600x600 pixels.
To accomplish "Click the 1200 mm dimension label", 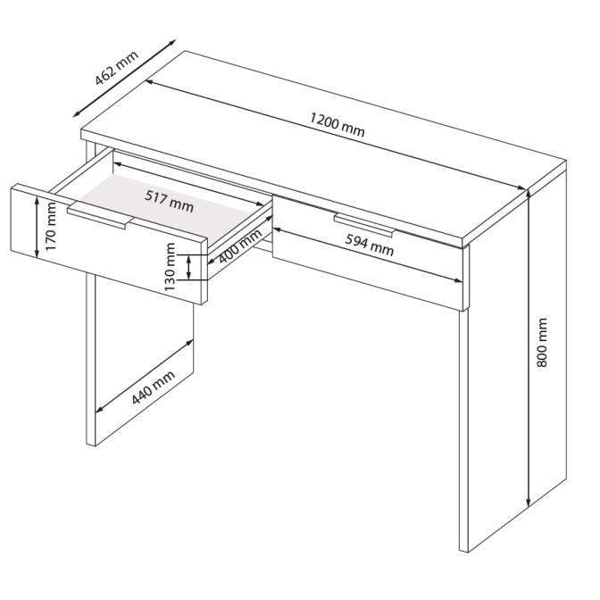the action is pyautogui.click(x=337, y=125).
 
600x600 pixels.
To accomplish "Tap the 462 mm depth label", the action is pyautogui.click(x=117, y=68).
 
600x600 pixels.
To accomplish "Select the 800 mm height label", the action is pyautogui.click(x=542, y=343).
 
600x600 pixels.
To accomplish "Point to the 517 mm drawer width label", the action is pyautogui.click(x=169, y=201).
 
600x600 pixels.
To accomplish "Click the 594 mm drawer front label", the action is pyautogui.click(x=370, y=246).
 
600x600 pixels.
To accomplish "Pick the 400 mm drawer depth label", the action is pyautogui.click(x=240, y=246).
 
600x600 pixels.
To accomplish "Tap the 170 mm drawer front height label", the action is pyautogui.click(x=50, y=227).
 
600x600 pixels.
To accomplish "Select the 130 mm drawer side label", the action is pyautogui.click(x=170, y=267).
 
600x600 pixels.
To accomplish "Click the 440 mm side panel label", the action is pyautogui.click(x=153, y=387).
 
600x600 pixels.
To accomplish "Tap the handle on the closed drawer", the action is pyautogui.click(x=363, y=225).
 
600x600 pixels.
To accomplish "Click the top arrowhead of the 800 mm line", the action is pyautogui.click(x=528, y=192).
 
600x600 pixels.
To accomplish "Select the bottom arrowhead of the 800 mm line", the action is pyautogui.click(x=528, y=503).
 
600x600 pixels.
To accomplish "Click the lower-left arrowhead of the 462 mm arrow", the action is pyautogui.click(x=77, y=113).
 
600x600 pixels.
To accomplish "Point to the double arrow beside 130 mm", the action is pyautogui.click(x=188, y=267).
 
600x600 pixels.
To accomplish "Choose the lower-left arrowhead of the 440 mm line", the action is pyautogui.click(x=99, y=410).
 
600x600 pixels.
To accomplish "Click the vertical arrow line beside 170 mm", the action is pyautogui.click(x=37, y=227).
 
